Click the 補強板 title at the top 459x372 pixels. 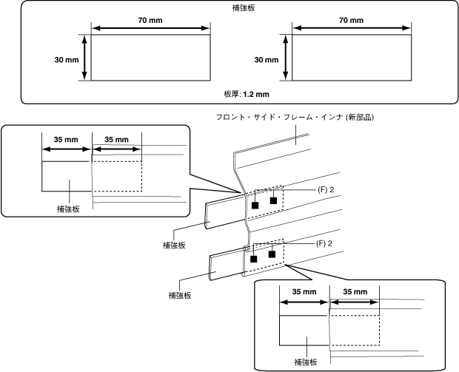pos(244,8)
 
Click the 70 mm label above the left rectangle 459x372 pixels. pos(150,20)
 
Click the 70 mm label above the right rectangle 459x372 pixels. pos(351,20)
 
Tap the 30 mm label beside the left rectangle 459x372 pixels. pos(67,60)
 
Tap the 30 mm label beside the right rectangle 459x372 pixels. pos(267,60)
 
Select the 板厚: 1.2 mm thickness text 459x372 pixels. pos(247,94)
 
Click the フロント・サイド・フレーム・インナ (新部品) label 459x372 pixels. pos(295,118)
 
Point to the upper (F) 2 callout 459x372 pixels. pos(326,190)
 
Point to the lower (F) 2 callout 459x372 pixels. pos(324,243)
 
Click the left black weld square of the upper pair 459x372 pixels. pos(255,206)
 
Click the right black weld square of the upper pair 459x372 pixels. pos(273,200)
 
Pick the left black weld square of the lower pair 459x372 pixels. pos(254,259)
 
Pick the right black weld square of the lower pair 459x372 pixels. pos(272,254)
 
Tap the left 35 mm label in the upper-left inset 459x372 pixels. pos(66,140)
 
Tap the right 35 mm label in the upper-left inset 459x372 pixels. pos(116,140)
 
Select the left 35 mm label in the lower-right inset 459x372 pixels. pos(304,291)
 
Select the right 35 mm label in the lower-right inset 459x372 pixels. pos(355,291)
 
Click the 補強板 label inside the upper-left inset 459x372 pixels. pos(68,209)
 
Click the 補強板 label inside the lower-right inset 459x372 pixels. pos(306,362)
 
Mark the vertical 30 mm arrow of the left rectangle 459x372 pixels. pos(84,58)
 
